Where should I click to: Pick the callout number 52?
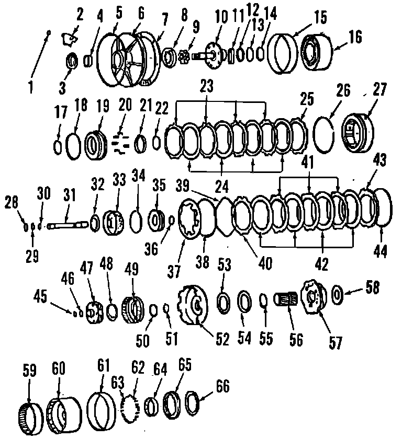pyautogui.click(x=222, y=339)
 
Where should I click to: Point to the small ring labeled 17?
pyautogui.click(x=59, y=147)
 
